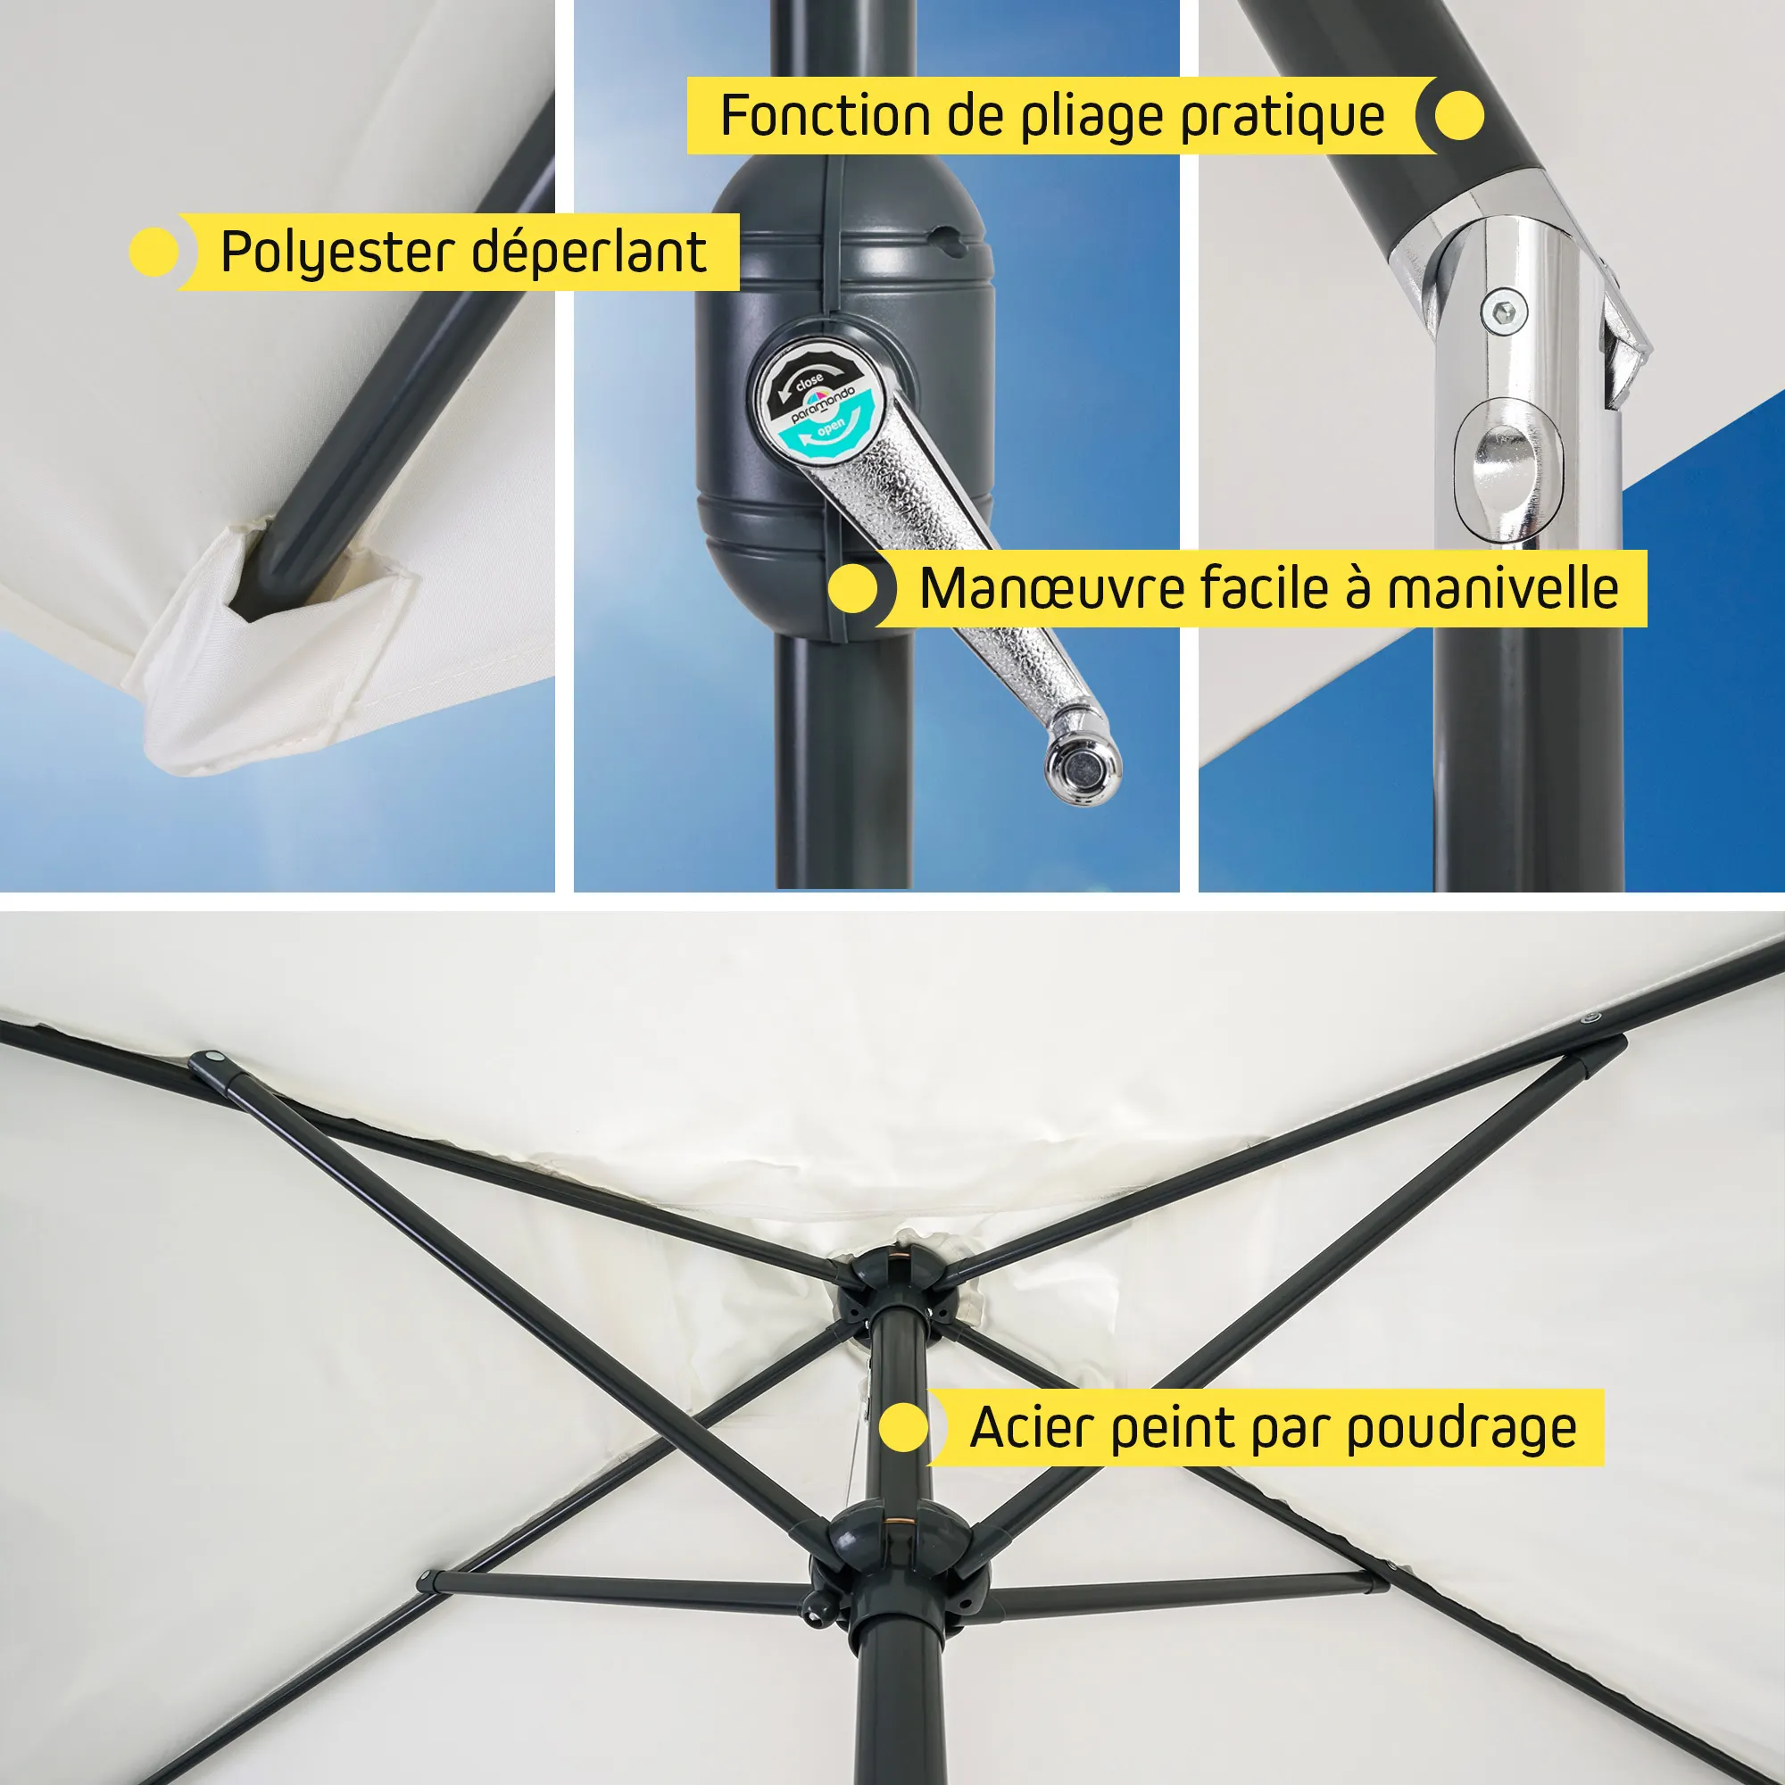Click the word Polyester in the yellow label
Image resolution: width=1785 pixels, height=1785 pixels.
338,253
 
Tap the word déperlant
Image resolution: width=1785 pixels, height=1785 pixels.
589,253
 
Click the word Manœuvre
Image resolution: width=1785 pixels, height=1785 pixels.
1051,589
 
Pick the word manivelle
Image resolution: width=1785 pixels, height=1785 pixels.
1503,587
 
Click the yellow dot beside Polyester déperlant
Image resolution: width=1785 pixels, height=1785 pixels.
154,253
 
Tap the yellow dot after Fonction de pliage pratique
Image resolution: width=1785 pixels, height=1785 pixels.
1460,115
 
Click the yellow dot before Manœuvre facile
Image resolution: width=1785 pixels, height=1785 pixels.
852,588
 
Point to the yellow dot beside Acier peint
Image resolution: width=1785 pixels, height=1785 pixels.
903,1428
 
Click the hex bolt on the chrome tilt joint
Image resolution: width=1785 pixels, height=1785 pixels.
1504,311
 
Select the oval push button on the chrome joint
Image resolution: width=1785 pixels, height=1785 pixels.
1507,470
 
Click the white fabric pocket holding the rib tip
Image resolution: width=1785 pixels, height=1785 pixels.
268,647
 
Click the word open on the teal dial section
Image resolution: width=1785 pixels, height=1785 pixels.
831,426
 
